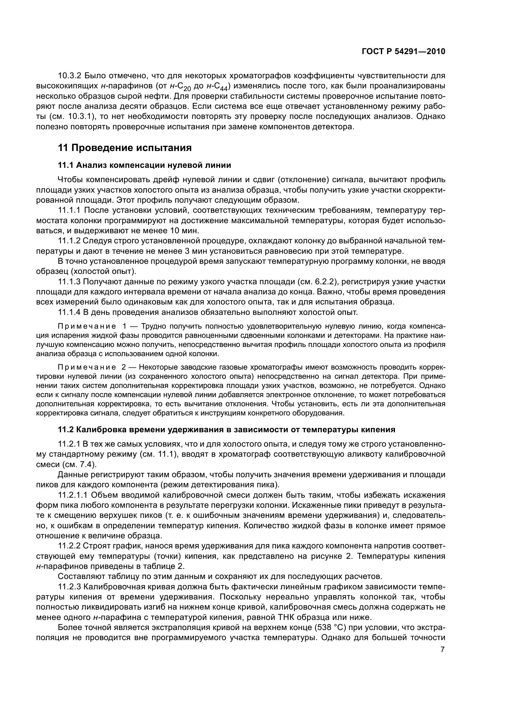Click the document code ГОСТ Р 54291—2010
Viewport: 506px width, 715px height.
404,52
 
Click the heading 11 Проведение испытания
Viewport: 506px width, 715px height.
125,148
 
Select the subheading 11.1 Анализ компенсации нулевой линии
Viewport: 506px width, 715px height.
145,165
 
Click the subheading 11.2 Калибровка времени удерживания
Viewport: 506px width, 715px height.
226,430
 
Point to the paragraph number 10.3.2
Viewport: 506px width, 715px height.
70,76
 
